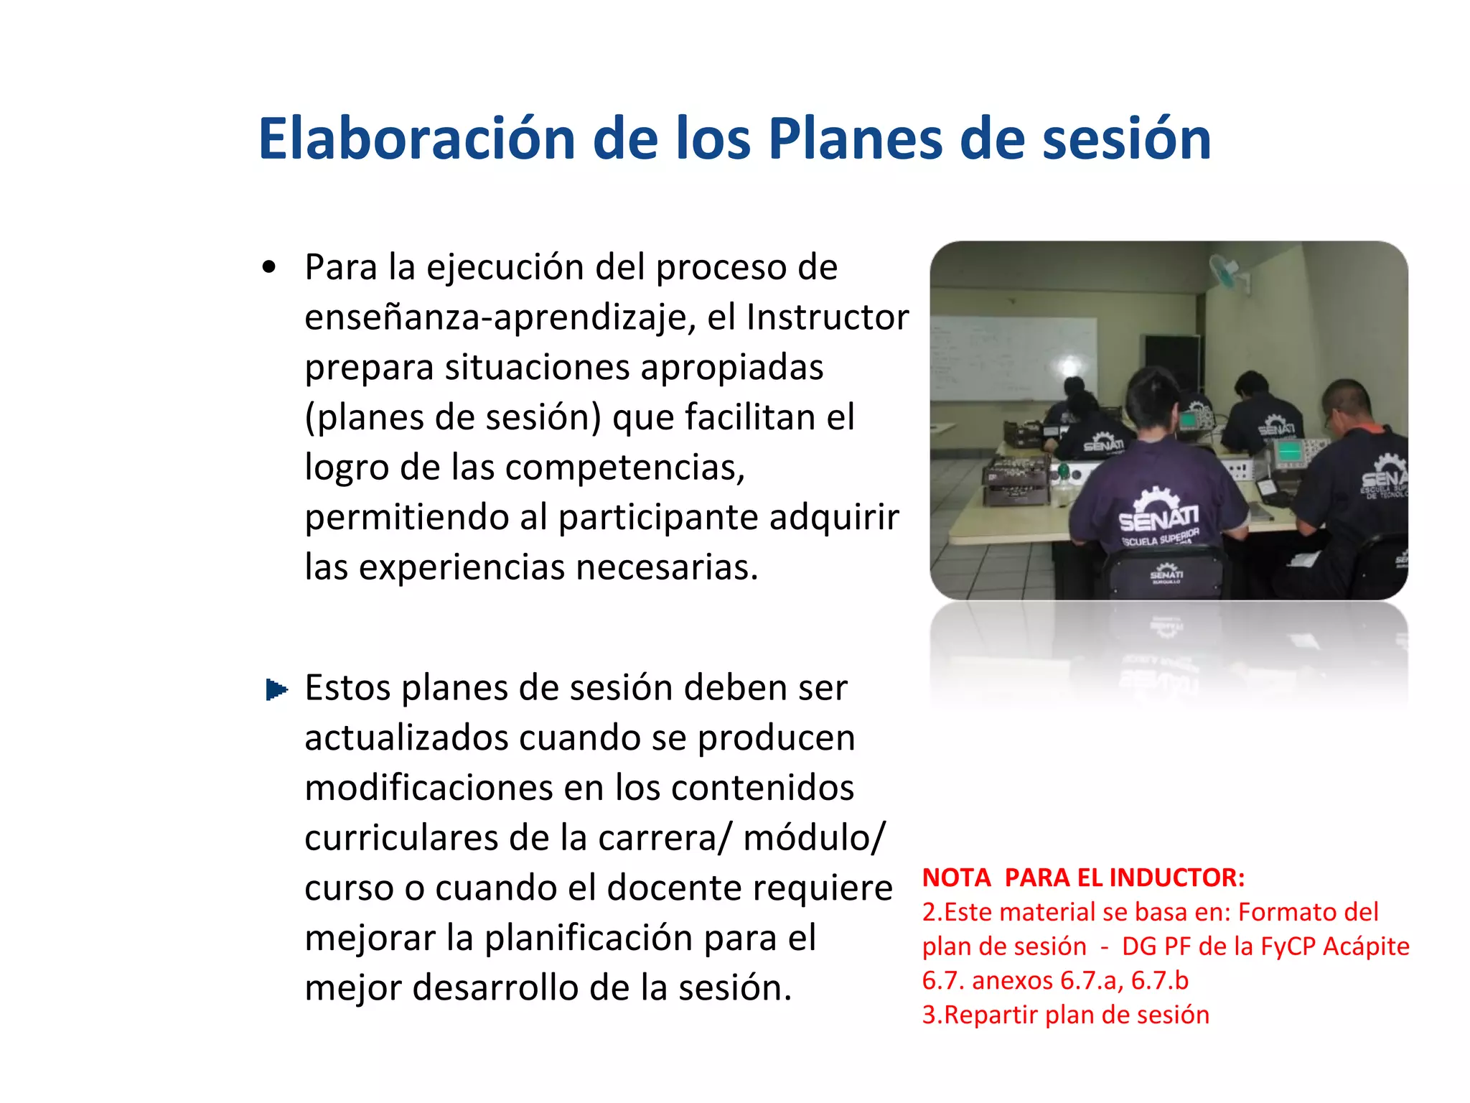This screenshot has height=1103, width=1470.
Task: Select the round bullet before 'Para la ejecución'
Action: (269, 268)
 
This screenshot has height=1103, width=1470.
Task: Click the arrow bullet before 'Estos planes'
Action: (276, 689)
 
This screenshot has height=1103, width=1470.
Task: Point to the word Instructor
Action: (828, 317)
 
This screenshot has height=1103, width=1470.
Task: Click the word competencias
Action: (624, 467)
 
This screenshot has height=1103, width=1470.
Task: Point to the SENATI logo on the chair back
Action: (1166, 574)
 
